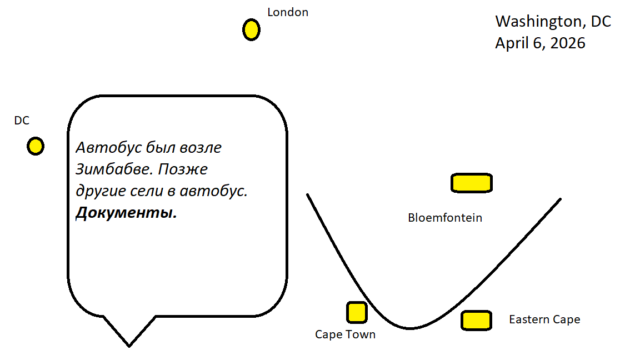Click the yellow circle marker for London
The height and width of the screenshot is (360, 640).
[251, 29]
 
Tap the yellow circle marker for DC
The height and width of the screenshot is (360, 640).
[36, 146]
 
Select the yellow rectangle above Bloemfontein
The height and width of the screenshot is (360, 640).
[471, 183]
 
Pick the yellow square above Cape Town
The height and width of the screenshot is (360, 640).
[357, 312]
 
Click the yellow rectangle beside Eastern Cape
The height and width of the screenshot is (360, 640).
[476, 321]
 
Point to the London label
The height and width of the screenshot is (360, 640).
[288, 12]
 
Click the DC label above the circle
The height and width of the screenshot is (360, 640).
[22, 121]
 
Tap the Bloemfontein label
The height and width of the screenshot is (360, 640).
[445, 218]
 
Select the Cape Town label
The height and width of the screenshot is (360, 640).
[345, 334]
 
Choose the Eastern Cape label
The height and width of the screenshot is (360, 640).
[544, 319]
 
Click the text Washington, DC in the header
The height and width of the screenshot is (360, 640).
[553, 22]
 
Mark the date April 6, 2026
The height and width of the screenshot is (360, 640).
[540, 43]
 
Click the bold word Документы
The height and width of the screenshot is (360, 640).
[126, 213]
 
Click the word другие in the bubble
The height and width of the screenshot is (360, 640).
[98, 191]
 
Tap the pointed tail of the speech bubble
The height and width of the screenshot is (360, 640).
[129, 343]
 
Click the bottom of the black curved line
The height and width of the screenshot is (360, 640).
[410, 328]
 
